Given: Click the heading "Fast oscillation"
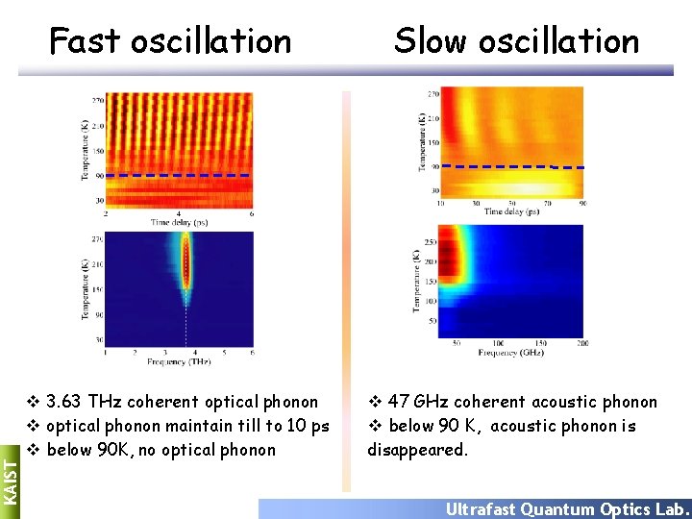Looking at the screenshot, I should [170, 41].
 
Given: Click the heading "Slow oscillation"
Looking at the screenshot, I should [516, 41].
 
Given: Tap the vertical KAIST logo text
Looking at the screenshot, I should [9, 478].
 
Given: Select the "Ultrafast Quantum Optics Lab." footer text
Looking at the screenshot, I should [567, 509].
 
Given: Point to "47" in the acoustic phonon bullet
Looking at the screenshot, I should [398, 402].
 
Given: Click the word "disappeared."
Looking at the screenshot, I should [417, 450].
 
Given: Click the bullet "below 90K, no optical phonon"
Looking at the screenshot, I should [161, 450].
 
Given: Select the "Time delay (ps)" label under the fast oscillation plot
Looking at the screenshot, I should [178, 222].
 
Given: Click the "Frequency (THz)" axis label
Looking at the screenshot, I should [179, 361].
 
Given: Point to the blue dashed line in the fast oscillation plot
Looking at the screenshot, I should [178, 176].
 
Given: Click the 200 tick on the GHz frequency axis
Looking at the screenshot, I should [581, 343].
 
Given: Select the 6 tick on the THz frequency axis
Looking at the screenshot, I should [252, 353].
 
